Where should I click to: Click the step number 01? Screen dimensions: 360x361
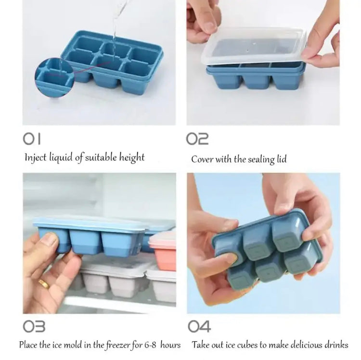click(32, 139)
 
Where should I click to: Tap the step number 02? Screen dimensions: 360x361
click(197, 139)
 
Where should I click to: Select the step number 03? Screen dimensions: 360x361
click(34, 327)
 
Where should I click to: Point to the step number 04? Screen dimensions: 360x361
click(199, 327)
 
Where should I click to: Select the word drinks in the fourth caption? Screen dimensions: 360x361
click(335, 345)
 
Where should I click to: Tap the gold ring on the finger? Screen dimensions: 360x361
click(44, 283)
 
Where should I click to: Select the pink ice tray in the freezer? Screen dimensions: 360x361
click(162, 246)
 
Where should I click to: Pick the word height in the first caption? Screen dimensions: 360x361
click(130, 158)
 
